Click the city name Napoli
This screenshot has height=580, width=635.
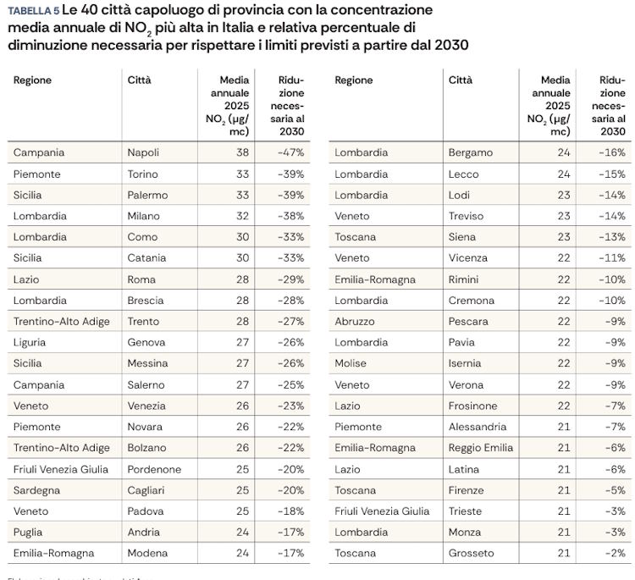tap(143, 152)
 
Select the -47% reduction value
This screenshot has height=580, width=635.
tap(290, 152)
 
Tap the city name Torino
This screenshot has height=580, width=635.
tap(142, 174)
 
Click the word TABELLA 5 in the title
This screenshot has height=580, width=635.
tap(33, 11)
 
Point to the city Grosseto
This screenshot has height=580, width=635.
tap(471, 553)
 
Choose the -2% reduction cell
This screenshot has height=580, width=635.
tap(615, 553)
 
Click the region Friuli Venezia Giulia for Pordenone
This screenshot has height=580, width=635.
tap(60, 469)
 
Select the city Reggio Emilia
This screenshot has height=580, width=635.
tap(481, 448)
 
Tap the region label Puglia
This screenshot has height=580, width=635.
tap(29, 532)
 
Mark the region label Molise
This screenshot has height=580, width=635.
tap(351, 363)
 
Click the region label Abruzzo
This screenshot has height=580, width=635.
tap(355, 322)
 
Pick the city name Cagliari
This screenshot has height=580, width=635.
tap(146, 490)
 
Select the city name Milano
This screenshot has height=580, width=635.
tap(143, 216)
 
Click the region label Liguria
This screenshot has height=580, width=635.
tap(30, 342)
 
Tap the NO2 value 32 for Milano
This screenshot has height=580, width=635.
tap(242, 216)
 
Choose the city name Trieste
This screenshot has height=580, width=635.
tap(467, 511)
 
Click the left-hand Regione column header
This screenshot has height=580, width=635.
tap(32, 80)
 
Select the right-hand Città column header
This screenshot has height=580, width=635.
tap(461, 80)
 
